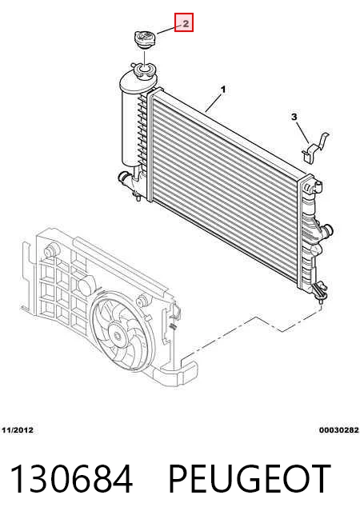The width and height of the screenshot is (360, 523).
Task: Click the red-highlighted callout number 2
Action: click(184, 22)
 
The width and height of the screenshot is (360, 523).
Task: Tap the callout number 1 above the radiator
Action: click(223, 90)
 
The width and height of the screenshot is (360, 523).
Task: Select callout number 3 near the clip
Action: click(294, 117)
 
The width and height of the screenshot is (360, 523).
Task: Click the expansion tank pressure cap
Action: click(146, 40)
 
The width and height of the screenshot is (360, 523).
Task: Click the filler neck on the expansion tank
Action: click(143, 70)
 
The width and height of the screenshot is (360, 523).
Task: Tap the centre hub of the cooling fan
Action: click(117, 336)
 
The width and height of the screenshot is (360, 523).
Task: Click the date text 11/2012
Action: click(18, 430)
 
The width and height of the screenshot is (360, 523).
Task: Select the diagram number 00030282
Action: click(339, 430)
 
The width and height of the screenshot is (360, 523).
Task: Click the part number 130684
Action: click(71, 479)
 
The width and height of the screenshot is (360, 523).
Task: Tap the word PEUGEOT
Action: click(250, 479)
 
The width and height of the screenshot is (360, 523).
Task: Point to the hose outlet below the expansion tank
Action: click(125, 177)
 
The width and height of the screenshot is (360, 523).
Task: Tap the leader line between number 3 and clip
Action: click(302, 133)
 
